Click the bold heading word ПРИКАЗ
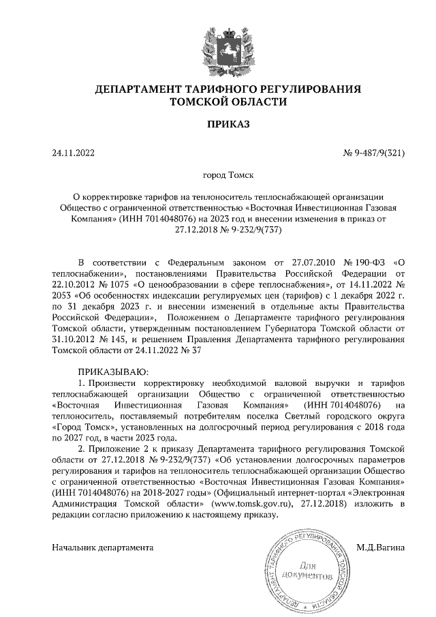point(218,123)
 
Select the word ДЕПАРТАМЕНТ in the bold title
point(132,89)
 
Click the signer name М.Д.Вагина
point(381,547)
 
